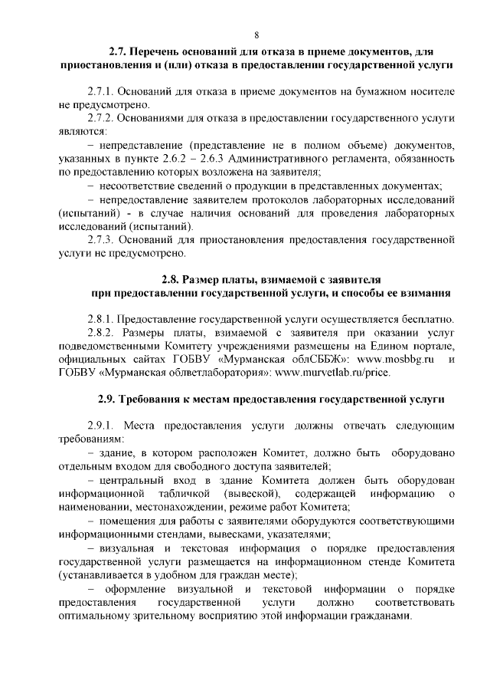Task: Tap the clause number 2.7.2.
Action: tap(103, 119)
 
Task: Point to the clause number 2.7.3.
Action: tap(103, 240)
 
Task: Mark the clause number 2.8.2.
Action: tap(104, 333)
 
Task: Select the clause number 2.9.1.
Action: tap(103, 425)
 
